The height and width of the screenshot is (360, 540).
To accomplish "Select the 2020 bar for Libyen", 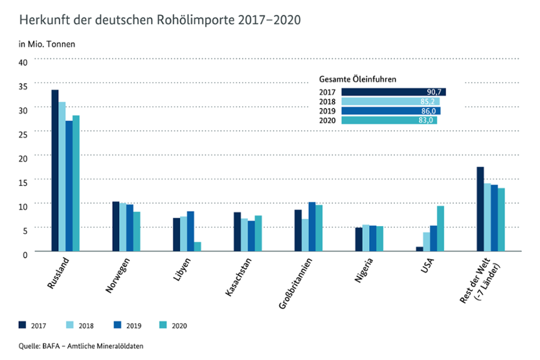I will pyautogui.click(x=197, y=247).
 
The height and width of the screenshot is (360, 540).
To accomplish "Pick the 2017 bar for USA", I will pyautogui.click(x=420, y=249).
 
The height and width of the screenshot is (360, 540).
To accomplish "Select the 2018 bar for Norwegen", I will pyautogui.click(x=122, y=227).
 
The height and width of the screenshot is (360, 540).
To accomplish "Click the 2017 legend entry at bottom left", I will pyautogui.click(x=32, y=325).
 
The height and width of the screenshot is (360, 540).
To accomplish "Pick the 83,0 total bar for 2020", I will pyautogui.click(x=389, y=120).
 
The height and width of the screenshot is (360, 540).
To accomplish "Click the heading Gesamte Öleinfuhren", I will pyautogui.click(x=357, y=79).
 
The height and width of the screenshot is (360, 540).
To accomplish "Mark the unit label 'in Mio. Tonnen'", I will pyautogui.click(x=47, y=45).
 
